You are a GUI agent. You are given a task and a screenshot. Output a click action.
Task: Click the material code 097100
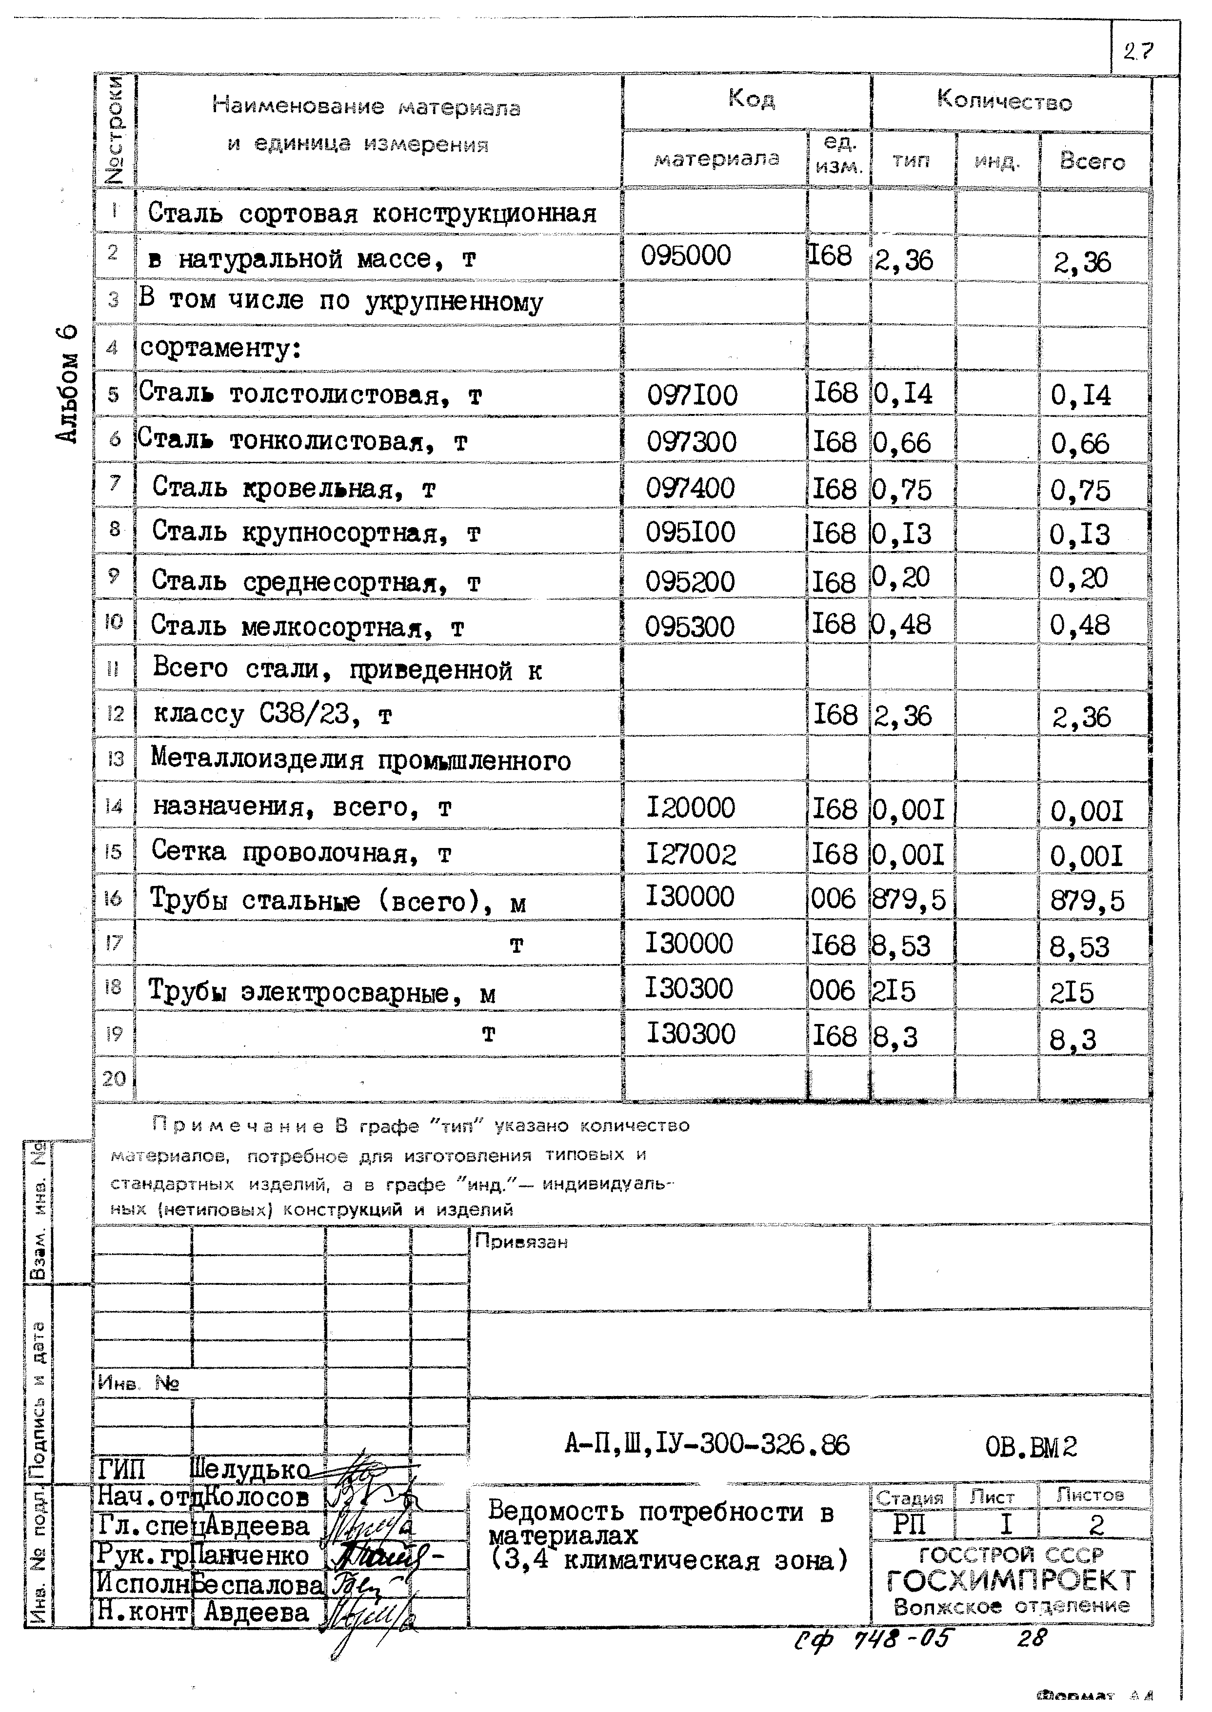pyautogui.click(x=691, y=394)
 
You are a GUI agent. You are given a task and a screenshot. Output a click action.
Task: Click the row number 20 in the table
pyautogui.click(x=114, y=1079)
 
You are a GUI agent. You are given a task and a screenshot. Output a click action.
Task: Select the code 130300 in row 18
pyautogui.click(x=690, y=989)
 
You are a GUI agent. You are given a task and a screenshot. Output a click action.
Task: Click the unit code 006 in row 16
pyautogui.click(x=833, y=898)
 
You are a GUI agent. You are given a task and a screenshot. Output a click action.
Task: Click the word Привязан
pyautogui.click(x=521, y=1242)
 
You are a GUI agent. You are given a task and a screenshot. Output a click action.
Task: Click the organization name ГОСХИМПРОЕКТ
pyautogui.click(x=1011, y=1580)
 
